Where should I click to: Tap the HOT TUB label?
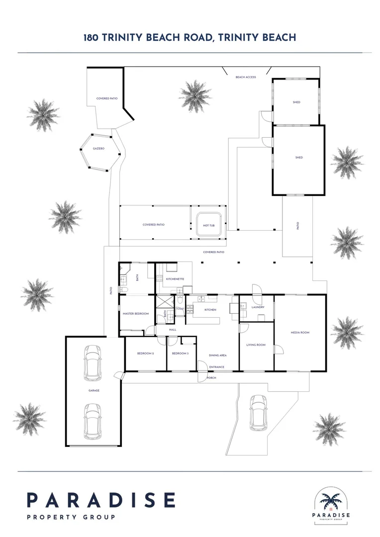[208, 225]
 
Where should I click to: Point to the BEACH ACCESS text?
[246, 77]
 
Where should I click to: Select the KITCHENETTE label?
[175, 279]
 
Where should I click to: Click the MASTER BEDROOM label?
[136, 314]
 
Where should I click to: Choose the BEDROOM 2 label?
[145, 354]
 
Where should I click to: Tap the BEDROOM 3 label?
[180, 354]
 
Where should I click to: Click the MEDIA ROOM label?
[300, 332]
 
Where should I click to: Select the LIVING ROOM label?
[256, 345]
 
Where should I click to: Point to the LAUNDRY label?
[258, 307]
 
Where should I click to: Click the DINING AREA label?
[217, 356]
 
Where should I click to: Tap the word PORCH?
[211, 378]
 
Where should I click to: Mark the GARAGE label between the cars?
[94, 390]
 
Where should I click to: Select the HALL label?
[173, 330]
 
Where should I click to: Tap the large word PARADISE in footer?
[101, 500]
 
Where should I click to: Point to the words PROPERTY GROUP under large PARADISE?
[71, 517]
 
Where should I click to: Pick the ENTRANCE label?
[216, 367]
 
